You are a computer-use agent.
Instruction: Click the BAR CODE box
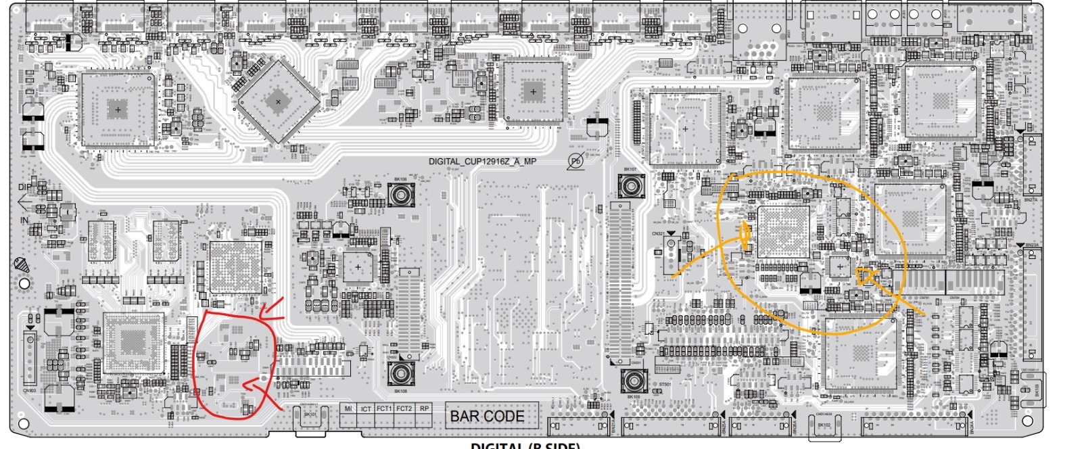click(x=487, y=416)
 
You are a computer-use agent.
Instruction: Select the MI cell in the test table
click(x=348, y=409)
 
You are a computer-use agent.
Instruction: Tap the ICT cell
click(x=366, y=409)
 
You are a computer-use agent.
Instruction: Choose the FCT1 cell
click(x=384, y=409)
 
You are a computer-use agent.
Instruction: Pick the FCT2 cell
click(x=404, y=409)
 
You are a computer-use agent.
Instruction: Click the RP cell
click(x=424, y=409)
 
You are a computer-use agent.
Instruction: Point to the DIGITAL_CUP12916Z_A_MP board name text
click(x=482, y=162)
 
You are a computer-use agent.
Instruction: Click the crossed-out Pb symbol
click(x=575, y=161)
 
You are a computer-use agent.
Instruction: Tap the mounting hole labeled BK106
click(x=400, y=195)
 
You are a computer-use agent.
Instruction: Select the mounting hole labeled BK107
click(x=631, y=185)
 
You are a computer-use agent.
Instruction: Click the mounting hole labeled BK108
click(x=400, y=373)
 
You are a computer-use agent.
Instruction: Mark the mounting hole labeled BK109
click(x=634, y=381)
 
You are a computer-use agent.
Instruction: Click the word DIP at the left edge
click(x=24, y=187)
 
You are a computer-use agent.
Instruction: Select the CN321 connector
click(x=671, y=250)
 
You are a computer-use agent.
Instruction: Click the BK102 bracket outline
click(x=824, y=424)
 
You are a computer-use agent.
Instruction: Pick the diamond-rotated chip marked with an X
click(x=278, y=101)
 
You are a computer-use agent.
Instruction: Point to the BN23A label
click(x=1032, y=245)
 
